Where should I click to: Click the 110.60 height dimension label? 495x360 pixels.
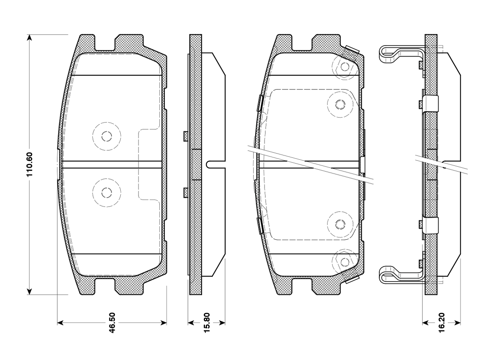pos(29,164)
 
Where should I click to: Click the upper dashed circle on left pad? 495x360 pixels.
pos(107,136)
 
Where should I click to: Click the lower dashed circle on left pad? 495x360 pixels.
pos(107,193)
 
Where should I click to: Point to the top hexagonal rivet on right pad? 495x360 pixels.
pos(345,67)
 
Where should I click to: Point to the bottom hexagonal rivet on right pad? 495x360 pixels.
pos(345,262)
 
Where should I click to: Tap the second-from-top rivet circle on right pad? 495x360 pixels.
pos(340,104)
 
